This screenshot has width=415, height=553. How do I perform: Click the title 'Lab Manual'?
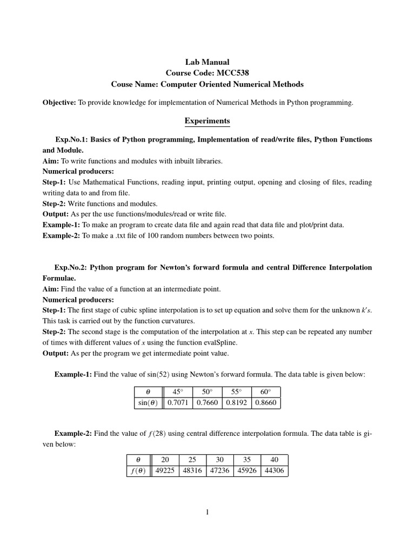pyautogui.click(x=207, y=63)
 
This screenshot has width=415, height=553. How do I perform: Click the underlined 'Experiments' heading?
pyautogui.click(x=207, y=121)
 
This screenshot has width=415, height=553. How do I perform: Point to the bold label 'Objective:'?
pyautogui.click(x=59, y=103)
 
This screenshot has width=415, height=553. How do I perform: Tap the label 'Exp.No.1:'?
pyautogui.click(x=72, y=139)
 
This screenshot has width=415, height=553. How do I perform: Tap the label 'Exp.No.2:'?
pyautogui.click(x=71, y=268)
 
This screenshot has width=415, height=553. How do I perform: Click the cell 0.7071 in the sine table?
pyautogui.click(x=178, y=403)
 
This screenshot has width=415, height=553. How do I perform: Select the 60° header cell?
pyautogui.click(x=266, y=392)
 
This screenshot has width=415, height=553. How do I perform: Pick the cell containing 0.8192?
pyautogui.click(x=237, y=403)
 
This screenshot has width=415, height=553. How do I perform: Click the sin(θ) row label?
pyautogui.click(x=148, y=403)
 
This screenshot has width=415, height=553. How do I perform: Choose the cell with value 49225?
pyautogui.click(x=165, y=470)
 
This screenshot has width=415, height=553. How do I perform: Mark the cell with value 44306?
pyautogui.click(x=274, y=470)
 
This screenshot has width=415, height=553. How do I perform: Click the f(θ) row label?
pyautogui.click(x=138, y=470)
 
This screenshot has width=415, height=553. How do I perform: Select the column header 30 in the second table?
pyautogui.click(x=219, y=460)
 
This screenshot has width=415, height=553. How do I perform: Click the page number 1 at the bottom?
pyautogui.click(x=207, y=512)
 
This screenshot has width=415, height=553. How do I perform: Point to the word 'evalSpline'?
pyautogui.click(x=220, y=342)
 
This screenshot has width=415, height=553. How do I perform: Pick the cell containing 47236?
pyautogui.click(x=219, y=470)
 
